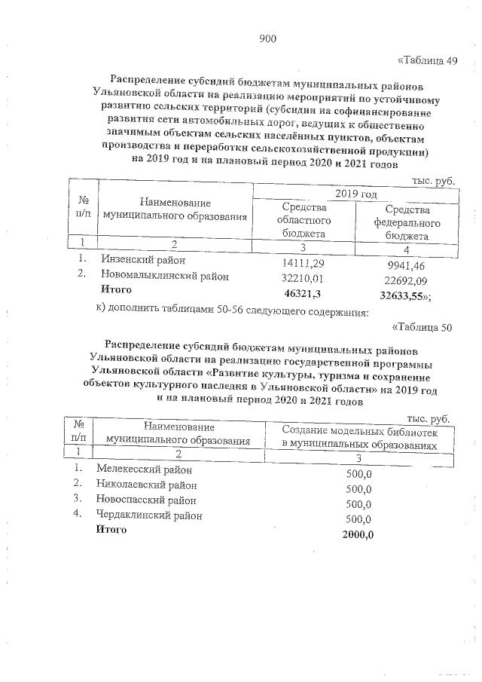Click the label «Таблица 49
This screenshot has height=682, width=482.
pyautogui.click(x=426, y=60)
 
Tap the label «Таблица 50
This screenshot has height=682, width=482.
pyautogui.click(x=422, y=327)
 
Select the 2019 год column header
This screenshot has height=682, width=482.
pyautogui.click(x=355, y=194)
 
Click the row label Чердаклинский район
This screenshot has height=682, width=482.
pyautogui.click(x=149, y=515)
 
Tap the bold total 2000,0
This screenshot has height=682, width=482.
pyautogui.click(x=357, y=534)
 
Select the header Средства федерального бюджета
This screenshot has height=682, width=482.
pyautogui.click(x=407, y=222)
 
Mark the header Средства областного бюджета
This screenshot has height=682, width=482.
pyautogui.click(x=304, y=221)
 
